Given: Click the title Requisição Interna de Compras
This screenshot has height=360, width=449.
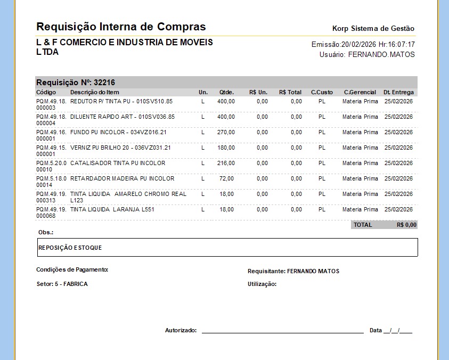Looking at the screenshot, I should (121, 27).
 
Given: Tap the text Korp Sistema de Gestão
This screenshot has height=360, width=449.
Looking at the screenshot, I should (373, 29).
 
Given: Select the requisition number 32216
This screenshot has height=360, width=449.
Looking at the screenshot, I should (104, 83).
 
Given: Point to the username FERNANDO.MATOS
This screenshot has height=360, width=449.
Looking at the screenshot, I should (381, 54).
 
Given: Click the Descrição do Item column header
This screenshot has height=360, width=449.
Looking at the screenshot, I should (95, 93).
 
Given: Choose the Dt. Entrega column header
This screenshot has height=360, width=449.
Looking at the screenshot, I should (398, 93).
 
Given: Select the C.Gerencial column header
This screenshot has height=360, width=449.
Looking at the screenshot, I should (360, 93).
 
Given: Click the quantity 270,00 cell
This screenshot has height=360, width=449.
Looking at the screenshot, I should (226, 132).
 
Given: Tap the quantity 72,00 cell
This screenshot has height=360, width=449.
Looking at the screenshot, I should (227, 178).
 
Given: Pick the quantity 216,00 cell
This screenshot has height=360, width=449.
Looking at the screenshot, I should (226, 163).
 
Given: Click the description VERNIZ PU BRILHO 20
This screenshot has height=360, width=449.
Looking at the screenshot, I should (120, 148).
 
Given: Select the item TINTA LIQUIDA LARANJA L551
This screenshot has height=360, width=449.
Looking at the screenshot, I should (112, 209).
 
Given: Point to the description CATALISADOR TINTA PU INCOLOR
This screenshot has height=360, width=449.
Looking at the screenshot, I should (118, 163).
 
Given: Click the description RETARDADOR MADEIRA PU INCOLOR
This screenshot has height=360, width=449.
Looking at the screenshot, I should (122, 178).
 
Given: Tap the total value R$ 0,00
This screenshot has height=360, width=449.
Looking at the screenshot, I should (406, 225).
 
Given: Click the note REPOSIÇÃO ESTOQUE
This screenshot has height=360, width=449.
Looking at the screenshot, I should (70, 248).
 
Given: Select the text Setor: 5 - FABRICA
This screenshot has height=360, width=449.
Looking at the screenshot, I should (62, 284).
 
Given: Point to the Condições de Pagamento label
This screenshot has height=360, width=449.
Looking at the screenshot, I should (72, 269).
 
